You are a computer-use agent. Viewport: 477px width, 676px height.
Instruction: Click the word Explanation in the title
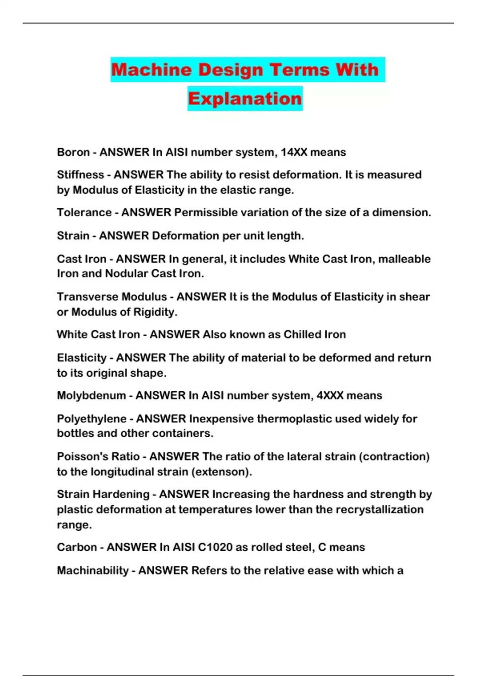245,99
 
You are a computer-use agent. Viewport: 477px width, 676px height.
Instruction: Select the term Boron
73,152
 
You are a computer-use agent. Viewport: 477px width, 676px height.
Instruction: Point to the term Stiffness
80,175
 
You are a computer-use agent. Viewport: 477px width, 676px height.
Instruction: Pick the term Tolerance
84,212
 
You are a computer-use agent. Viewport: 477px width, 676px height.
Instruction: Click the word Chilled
302,334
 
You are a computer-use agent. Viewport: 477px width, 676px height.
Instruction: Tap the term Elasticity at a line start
81,358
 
